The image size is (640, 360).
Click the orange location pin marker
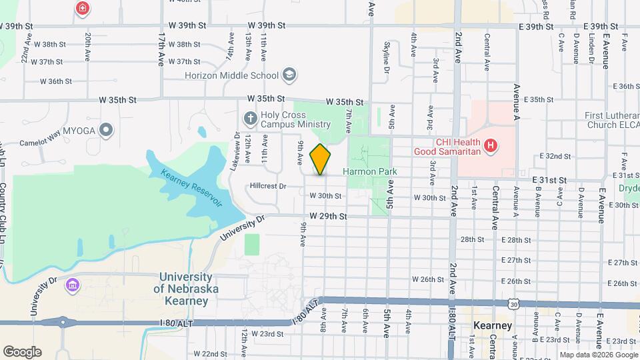click(321, 159)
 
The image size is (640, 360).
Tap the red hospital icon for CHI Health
click(491, 145)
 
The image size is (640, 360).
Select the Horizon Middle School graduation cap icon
click(289, 74)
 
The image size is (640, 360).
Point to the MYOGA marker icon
click(106, 129)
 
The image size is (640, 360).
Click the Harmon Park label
click(370, 171)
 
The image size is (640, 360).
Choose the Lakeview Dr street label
click(235, 151)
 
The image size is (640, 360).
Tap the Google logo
click(22, 352)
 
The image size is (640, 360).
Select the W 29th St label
click(329, 217)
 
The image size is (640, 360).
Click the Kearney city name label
click(493, 325)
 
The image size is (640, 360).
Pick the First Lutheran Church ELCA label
click(612, 120)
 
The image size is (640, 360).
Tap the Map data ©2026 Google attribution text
click(597, 354)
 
